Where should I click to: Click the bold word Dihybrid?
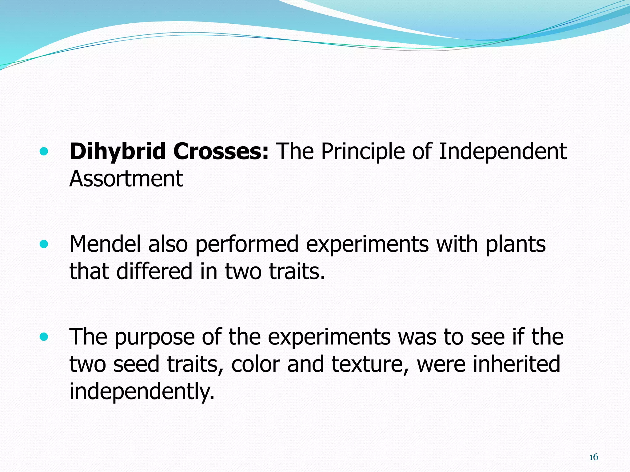click(x=118, y=152)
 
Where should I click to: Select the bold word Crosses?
click(x=221, y=152)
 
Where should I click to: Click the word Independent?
click(x=502, y=152)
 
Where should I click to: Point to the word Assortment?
click(x=126, y=179)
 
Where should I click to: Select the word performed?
click(x=247, y=244)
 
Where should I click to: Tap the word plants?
click(x=516, y=244)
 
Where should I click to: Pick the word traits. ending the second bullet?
click(x=297, y=271)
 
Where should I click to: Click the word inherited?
click(x=516, y=364)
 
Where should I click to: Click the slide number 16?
click(x=593, y=457)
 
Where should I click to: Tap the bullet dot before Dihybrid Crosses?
click(x=44, y=151)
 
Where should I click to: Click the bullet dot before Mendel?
click(x=44, y=244)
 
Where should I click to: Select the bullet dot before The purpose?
click(x=44, y=337)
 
